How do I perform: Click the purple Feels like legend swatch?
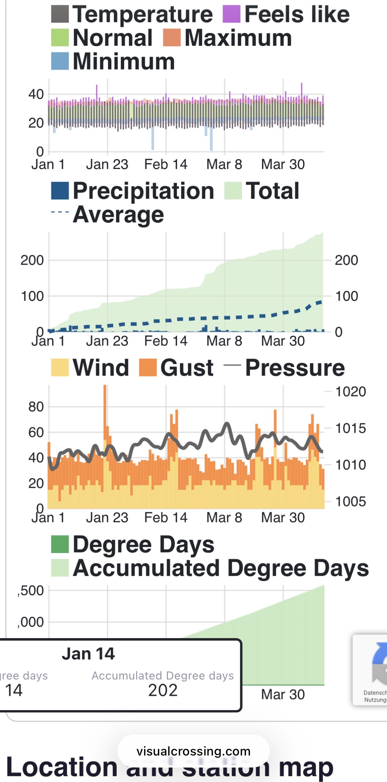(x=231, y=14)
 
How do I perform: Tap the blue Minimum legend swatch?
(x=60, y=61)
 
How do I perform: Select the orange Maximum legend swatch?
(x=172, y=38)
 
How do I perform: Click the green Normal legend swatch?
(x=60, y=38)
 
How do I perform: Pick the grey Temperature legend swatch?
(x=60, y=14)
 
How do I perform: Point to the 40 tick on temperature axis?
(x=36, y=94)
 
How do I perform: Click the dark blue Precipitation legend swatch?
(x=60, y=191)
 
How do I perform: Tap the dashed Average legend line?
(x=60, y=212)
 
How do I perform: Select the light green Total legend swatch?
(x=233, y=191)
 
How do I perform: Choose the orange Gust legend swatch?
(x=148, y=367)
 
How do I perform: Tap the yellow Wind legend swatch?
(x=60, y=367)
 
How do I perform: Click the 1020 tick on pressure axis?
(x=350, y=392)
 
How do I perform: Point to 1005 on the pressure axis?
(x=350, y=501)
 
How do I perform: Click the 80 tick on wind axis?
(x=36, y=407)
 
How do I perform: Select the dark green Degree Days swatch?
(x=60, y=544)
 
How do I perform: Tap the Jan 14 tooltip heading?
(x=88, y=653)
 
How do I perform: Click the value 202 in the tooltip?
(x=163, y=690)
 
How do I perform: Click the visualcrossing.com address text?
(x=193, y=751)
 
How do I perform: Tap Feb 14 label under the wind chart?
(x=166, y=518)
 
